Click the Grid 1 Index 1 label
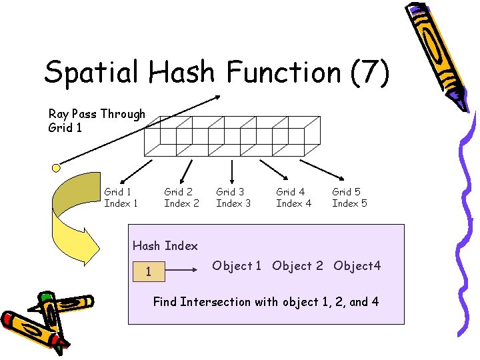(x=121, y=197)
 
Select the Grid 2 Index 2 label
(x=181, y=197)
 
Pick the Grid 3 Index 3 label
(x=233, y=197)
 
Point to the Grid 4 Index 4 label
(x=293, y=197)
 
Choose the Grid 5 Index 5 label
(x=349, y=197)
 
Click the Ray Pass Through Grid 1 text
(x=97, y=121)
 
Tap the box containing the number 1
(x=148, y=272)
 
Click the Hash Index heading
(x=165, y=246)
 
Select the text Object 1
(x=237, y=266)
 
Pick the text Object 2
(x=297, y=266)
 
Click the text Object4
(x=357, y=266)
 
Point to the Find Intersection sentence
(x=266, y=302)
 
